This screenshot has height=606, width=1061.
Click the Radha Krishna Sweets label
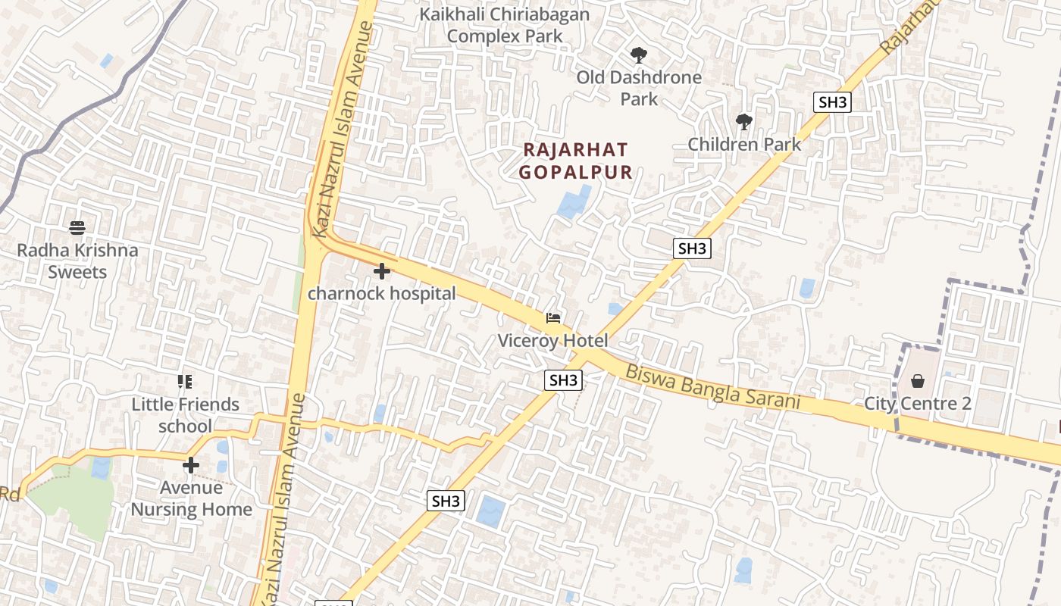pos(77,261)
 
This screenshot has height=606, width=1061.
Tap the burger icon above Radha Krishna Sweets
pos(77,227)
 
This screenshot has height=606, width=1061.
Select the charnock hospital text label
pos(381,294)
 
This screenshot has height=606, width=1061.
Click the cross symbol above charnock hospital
pos(382,270)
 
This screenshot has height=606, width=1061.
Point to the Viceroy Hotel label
pos(552,341)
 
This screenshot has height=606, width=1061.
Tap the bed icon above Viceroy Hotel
pos(553,318)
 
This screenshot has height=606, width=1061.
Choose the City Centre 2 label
pos(918,404)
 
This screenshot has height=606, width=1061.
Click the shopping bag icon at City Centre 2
pos(918,380)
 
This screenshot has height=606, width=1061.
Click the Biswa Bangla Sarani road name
pos(712,387)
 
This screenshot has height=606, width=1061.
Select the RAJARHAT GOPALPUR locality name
pos(576,161)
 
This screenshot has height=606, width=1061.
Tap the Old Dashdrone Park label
pos(639,88)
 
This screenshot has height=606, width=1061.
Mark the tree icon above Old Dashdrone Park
pos(639,55)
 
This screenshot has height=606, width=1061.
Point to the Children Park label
pos(744,144)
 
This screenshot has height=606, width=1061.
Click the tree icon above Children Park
pos(744,121)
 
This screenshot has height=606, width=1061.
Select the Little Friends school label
pos(186,415)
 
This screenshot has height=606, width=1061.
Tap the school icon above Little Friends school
pos(185,381)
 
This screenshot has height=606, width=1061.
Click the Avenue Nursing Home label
pos(191,498)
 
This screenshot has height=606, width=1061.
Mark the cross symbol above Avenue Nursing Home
pos(191,464)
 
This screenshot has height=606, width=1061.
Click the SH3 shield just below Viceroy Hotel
pos(563,380)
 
